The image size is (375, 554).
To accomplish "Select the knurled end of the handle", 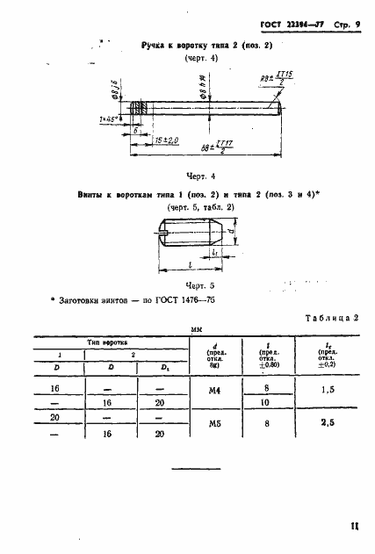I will tap(137, 110).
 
